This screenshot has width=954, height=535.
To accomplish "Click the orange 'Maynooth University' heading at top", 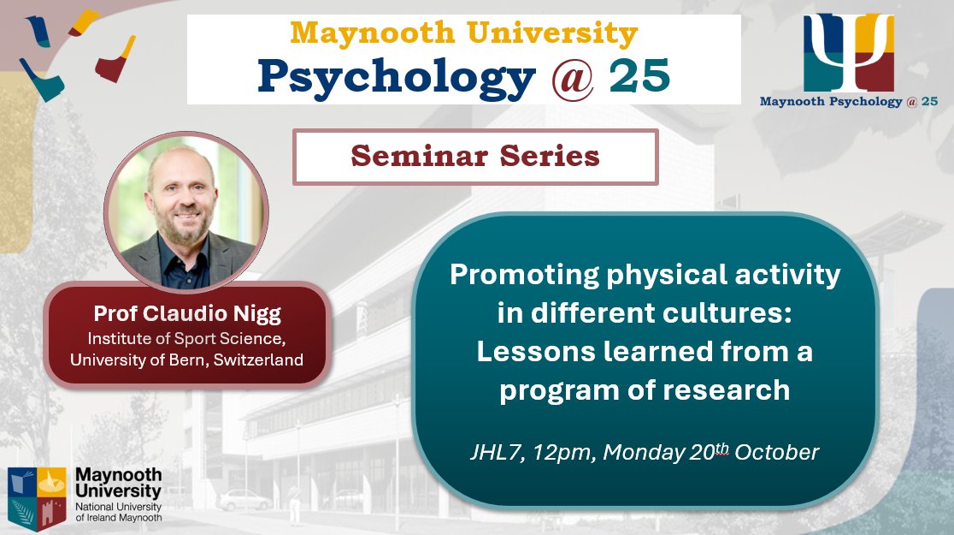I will [463, 34].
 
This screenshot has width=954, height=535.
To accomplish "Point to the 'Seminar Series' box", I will [475, 157].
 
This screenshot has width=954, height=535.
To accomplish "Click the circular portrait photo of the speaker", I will [186, 210].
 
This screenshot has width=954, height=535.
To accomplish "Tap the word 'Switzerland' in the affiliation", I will [262, 360].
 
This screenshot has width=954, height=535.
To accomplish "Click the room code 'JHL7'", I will [490, 453].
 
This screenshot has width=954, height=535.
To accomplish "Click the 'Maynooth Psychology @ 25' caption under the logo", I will [848, 102].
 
